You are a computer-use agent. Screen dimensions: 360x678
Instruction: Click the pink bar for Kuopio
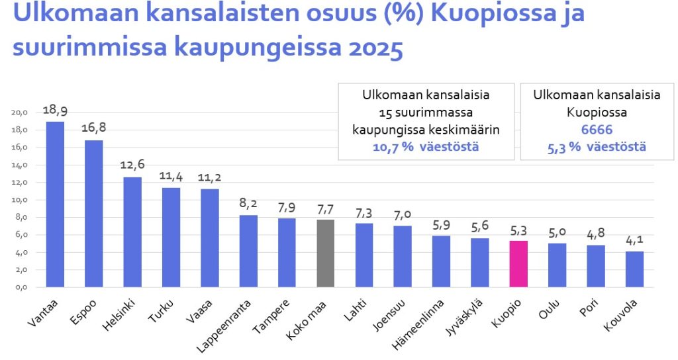[x=518, y=263]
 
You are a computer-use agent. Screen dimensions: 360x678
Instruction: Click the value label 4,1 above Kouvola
[x=634, y=240]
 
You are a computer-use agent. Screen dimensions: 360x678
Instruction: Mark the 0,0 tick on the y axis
[x=20, y=287]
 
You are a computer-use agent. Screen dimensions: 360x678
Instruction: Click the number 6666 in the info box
[x=597, y=130]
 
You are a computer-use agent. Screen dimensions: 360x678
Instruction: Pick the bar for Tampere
[x=287, y=253]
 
